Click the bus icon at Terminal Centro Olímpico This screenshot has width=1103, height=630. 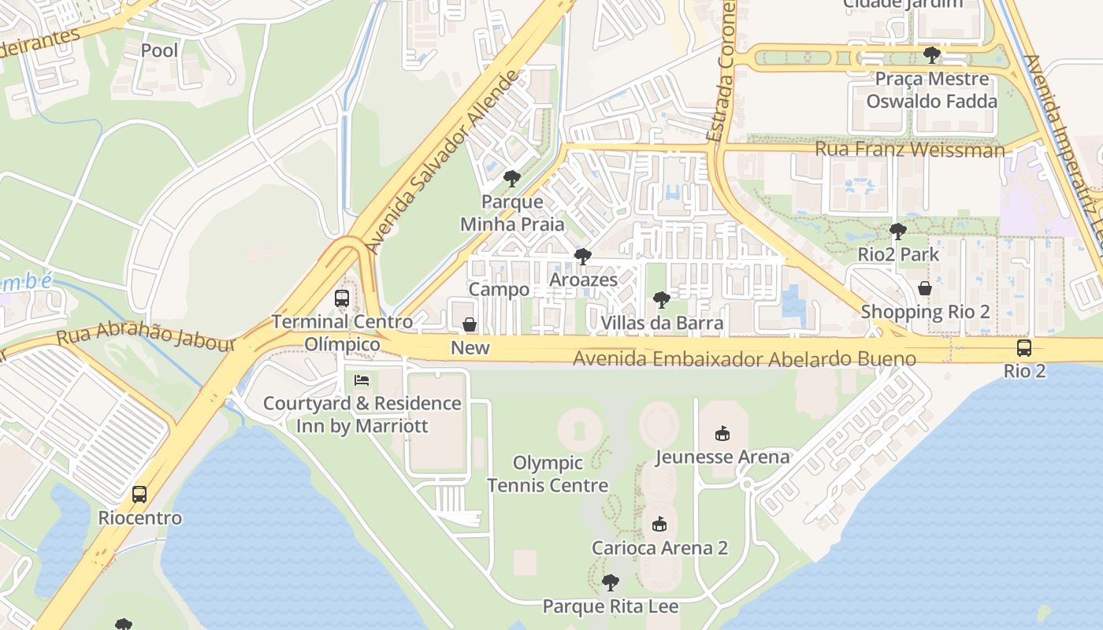pos(342,298)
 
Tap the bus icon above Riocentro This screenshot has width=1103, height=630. pos(139,495)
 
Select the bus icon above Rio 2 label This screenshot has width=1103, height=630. pos(1024,348)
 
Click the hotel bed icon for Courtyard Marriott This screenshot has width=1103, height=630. pos(362,380)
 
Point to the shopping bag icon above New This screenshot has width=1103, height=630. pos(470,324)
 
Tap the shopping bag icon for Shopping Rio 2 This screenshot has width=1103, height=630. pos(925,288)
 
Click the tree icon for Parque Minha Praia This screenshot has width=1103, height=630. pos(512,179)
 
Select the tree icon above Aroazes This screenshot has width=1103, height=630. pos(583,257)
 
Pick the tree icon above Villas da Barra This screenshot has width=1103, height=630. pos(662,299)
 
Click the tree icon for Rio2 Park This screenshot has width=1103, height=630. pos(897,231)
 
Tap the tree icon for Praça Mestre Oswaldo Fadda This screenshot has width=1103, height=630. pos(932,54)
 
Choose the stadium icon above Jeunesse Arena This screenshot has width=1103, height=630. pos(722,433)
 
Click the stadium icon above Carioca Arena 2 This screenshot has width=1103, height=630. pos(659,524)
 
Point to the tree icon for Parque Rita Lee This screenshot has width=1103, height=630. pos(610,583)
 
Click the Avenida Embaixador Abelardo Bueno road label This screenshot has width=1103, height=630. pos(744,359)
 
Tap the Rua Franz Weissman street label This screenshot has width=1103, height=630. pos(909,149)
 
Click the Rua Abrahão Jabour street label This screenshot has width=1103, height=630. pos(146,339)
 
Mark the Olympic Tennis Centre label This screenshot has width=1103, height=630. pos(548,474)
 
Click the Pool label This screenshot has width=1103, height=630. pos(159,50)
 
